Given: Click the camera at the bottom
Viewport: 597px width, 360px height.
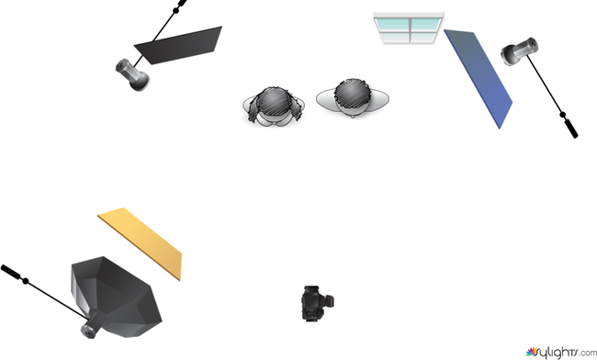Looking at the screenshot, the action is pyautogui.click(x=318, y=303).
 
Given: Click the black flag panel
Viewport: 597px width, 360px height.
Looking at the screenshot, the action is pyautogui.click(x=179, y=46).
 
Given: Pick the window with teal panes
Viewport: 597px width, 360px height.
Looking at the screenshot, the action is pyautogui.click(x=409, y=28).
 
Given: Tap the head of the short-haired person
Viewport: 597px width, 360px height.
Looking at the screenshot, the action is pyautogui.click(x=353, y=96).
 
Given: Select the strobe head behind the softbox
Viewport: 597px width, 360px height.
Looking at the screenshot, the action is pyautogui.click(x=91, y=327).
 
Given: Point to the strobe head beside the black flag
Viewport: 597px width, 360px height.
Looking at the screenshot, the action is pyautogui.click(x=132, y=74).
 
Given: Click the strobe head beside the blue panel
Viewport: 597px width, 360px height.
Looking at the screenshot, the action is pyautogui.click(x=519, y=51).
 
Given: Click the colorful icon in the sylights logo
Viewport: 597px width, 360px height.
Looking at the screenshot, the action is pyautogui.click(x=532, y=352).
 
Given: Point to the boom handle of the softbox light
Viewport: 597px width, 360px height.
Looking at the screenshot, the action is pyautogui.click(x=10, y=271).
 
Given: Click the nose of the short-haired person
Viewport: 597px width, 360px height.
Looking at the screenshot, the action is pyautogui.click(x=353, y=115).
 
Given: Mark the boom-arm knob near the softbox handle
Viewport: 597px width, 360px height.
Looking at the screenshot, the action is pyautogui.click(x=26, y=281).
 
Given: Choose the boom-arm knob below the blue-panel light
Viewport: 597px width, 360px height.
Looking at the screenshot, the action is pyautogui.click(x=563, y=114).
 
